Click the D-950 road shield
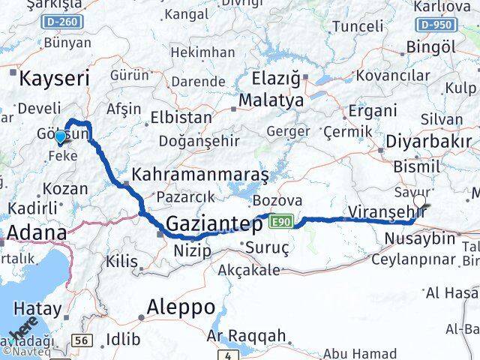point(436,25)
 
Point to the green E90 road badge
point(281,222)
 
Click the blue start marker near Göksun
point(60,138)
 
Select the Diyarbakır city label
point(428,142)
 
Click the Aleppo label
point(181,307)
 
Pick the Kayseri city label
point(54,78)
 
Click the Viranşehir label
point(387,212)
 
